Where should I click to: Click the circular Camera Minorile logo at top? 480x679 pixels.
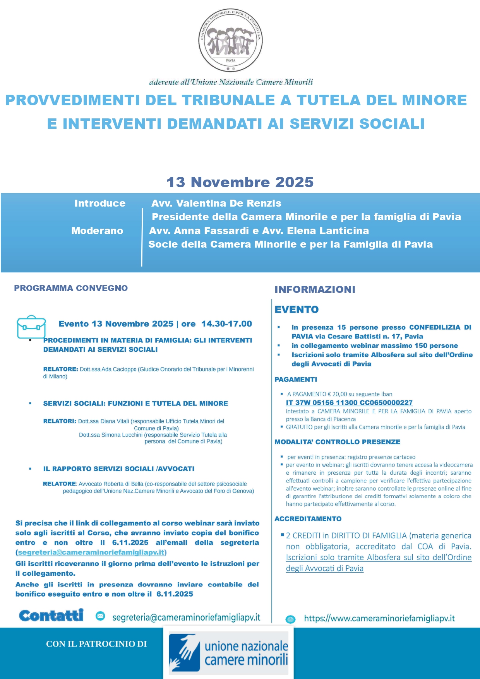click(x=230, y=40)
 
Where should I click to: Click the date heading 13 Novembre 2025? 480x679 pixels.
click(x=240, y=182)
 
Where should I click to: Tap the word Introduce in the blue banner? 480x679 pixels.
click(x=100, y=203)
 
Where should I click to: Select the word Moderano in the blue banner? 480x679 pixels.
click(x=97, y=231)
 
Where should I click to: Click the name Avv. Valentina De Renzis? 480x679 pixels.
click(x=216, y=203)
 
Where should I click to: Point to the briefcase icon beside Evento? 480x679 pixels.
click(x=31, y=327)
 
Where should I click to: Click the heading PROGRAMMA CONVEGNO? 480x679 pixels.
click(x=71, y=288)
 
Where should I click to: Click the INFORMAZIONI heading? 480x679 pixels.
click(x=315, y=289)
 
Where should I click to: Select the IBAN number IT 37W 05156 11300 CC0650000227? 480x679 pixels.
click(x=349, y=403)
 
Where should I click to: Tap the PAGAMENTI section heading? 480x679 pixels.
click(x=296, y=380)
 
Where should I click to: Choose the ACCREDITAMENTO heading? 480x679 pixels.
click(x=308, y=519)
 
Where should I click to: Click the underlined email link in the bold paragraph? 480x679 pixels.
click(x=91, y=552)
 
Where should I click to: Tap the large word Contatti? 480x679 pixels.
click(x=51, y=616)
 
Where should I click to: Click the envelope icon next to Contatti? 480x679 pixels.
click(x=100, y=616)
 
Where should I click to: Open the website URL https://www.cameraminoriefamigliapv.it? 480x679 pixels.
click(x=379, y=618)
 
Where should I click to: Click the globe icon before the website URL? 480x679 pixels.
click(x=290, y=619)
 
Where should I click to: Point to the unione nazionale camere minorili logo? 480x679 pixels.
click(x=228, y=653)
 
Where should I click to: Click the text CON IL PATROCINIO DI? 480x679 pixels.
click(x=96, y=644)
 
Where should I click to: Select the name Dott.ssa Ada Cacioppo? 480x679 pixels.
click(x=108, y=369)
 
